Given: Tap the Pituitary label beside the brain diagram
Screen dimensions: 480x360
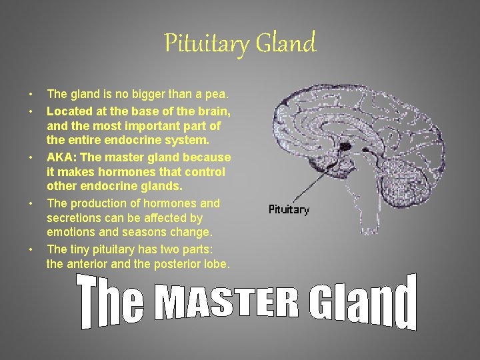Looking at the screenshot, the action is click(x=289, y=209).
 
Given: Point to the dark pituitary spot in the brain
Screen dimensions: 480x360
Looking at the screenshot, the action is click(x=345, y=145).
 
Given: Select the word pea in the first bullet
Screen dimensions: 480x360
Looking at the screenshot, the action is click(x=217, y=95).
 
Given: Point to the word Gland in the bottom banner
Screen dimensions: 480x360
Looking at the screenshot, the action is click(x=363, y=304).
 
